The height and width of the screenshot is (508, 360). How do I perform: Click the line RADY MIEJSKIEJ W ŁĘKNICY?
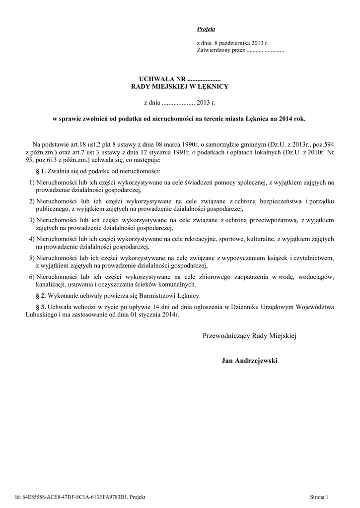(x=179, y=86)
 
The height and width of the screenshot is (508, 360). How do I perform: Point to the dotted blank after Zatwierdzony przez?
(x=265, y=51)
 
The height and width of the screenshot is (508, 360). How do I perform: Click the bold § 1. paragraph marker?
(x=41, y=171)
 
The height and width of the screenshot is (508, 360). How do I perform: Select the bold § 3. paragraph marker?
(x=41, y=308)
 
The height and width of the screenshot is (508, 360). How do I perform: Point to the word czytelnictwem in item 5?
(x=312, y=258)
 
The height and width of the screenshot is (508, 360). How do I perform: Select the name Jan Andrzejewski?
(x=250, y=361)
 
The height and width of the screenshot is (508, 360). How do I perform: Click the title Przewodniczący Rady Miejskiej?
(x=249, y=336)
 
